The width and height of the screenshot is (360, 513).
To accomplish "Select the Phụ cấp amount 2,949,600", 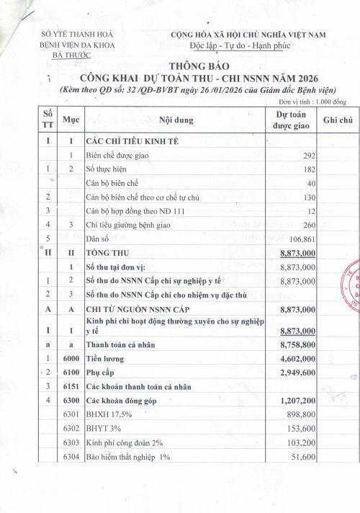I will [294, 375].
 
